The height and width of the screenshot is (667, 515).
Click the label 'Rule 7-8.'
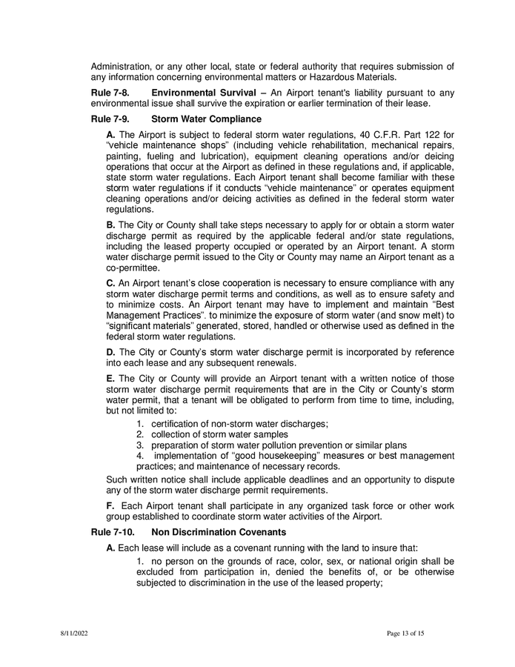[110, 92]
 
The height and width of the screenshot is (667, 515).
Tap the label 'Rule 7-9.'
[110, 119]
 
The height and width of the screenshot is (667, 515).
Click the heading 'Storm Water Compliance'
[206, 119]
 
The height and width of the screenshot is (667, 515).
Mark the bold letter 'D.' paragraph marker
[111, 352]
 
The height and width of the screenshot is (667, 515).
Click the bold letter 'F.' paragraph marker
[111, 505]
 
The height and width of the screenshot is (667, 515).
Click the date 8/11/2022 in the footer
[74, 634]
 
